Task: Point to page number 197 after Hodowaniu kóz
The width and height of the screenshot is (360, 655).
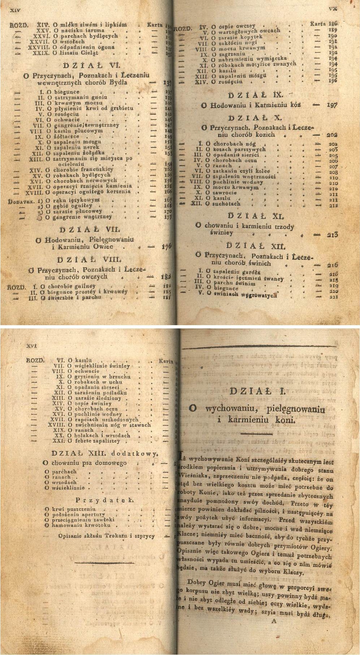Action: click(332, 105)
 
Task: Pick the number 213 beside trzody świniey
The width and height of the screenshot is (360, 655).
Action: click(332, 235)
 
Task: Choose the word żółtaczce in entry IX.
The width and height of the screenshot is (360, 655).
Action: click(66, 137)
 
